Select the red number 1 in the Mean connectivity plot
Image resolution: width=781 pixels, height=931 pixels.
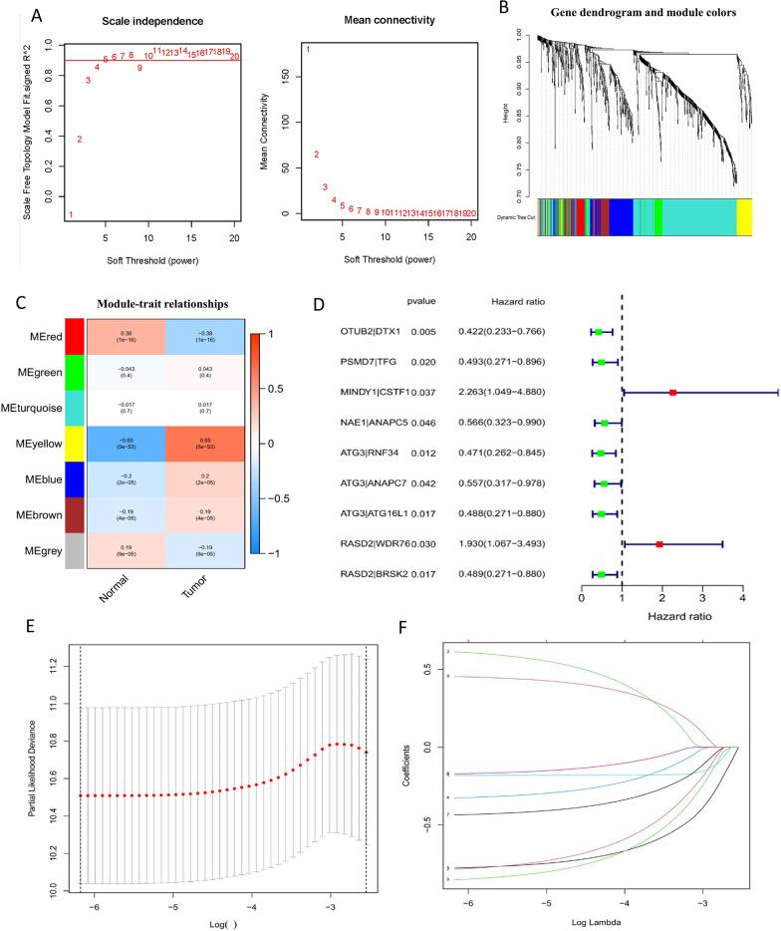tap(308, 50)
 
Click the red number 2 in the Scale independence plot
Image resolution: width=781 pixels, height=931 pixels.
tap(79, 140)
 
